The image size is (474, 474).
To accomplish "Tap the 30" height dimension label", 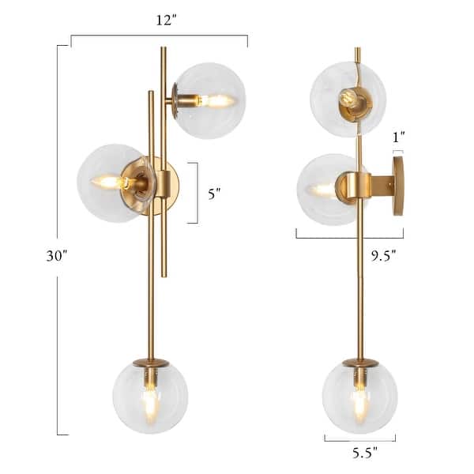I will [x=38, y=255].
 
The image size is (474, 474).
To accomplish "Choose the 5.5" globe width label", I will [x=360, y=453].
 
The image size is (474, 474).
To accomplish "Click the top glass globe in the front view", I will [x=209, y=100].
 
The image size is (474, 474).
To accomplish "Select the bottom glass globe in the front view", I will [x=150, y=397].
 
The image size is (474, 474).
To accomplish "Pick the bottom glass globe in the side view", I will [x=359, y=397].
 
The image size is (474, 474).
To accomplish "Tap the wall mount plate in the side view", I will [x=397, y=186].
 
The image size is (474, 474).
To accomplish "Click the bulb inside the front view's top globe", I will [x=213, y=101].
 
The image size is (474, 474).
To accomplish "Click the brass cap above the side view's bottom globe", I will [x=359, y=363].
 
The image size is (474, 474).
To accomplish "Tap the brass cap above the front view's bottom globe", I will [x=150, y=363].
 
